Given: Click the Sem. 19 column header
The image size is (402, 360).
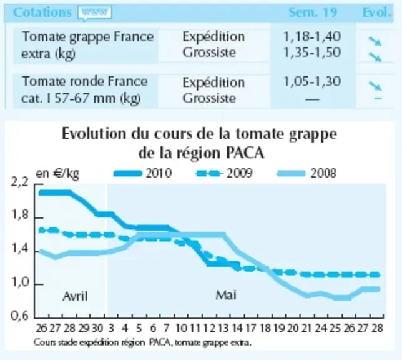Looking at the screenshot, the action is click(313, 12).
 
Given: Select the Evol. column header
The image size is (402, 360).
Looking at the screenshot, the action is click(377, 12).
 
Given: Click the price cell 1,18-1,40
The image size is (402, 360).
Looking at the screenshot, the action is click(312, 36).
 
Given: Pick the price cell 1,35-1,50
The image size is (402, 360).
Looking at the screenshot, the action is click(312, 52).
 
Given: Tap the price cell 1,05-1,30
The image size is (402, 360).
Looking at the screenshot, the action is click(312, 82).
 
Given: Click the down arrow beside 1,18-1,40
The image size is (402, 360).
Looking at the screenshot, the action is click(375, 41).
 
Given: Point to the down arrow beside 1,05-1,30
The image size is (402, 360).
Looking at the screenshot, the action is click(375, 86).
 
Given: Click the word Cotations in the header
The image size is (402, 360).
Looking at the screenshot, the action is click(42, 12).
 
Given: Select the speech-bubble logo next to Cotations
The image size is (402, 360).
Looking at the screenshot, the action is click(95, 13).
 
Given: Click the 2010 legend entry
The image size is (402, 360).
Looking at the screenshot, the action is click(143, 173).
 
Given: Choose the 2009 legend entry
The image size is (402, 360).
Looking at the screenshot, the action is click(224, 173).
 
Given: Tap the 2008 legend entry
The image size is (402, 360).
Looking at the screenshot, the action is click(306, 173).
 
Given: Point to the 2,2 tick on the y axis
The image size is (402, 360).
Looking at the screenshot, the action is click(20, 182).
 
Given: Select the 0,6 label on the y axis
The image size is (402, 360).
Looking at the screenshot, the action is click(20, 316).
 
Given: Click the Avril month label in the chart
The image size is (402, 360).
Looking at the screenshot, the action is click(75, 296).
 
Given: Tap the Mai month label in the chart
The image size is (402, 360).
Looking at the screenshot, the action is click(226, 295).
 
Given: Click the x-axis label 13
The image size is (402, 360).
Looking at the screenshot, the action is click(223, 328).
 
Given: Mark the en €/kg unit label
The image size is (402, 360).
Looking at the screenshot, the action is click(57, 174).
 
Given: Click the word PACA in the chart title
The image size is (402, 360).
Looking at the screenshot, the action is click(245, 152).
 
